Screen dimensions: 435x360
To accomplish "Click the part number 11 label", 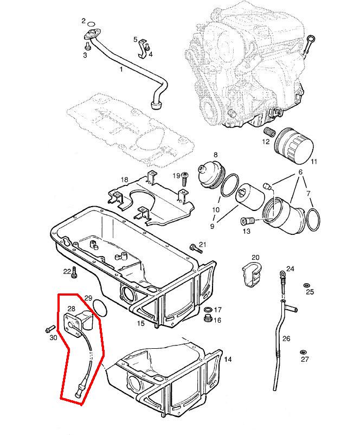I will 314,162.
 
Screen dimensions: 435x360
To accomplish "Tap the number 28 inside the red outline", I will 70,309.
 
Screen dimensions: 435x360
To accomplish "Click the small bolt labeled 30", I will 49,329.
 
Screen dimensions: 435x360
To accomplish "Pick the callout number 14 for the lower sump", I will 228,359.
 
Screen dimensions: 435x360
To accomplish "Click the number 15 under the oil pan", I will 140,324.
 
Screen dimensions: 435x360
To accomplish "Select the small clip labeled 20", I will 250,273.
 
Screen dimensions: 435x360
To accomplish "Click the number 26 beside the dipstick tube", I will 286,338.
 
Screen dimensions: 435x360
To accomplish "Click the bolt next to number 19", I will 185,176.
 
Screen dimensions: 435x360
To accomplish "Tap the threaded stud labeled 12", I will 267,132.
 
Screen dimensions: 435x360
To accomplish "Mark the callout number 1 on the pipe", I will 121,69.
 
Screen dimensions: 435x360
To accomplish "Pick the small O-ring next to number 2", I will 93,23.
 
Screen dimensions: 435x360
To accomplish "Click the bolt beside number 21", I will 194,247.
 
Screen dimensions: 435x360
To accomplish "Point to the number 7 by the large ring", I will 309,193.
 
